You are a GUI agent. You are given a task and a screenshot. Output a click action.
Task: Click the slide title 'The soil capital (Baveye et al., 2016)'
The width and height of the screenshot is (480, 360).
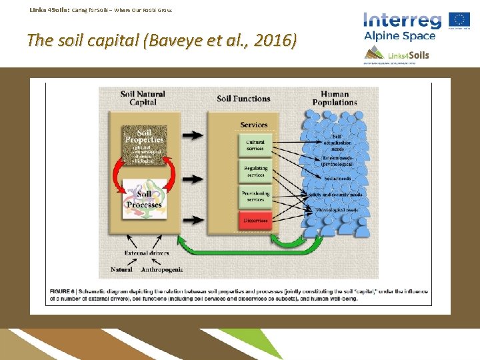click(161, 41)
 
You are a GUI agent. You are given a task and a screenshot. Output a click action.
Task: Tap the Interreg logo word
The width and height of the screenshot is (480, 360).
click(402, 20)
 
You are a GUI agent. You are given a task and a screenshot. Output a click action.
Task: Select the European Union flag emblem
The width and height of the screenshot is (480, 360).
click(459, 19)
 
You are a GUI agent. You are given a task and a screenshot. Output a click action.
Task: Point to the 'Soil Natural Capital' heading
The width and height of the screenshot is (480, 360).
click(143, 98)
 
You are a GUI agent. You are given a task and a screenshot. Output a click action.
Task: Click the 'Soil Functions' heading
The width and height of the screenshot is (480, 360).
click(243, 99)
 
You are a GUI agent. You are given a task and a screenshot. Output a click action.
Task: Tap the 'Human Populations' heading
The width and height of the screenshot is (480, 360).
click(335, 98)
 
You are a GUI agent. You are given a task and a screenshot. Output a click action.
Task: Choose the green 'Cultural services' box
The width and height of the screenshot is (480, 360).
click(255, 145)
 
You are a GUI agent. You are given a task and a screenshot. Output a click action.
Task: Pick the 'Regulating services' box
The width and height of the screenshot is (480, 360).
click(255, 171)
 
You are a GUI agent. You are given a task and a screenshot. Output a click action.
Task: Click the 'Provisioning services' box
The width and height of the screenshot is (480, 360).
click(255, 196)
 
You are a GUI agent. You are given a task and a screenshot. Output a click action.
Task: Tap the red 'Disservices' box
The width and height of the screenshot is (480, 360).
click(255, 220)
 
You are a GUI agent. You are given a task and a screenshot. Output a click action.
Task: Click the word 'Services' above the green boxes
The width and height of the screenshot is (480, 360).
click(253, 125)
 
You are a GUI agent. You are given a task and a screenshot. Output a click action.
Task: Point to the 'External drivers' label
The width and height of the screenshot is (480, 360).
click(147, 253)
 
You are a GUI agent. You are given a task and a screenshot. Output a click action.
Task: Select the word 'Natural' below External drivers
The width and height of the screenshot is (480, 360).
click(121, 269)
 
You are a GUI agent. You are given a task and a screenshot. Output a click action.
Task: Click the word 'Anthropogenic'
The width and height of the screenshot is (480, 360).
click(162, 269)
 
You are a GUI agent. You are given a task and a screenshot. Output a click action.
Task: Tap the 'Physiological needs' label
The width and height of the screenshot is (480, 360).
click(337, 209)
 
